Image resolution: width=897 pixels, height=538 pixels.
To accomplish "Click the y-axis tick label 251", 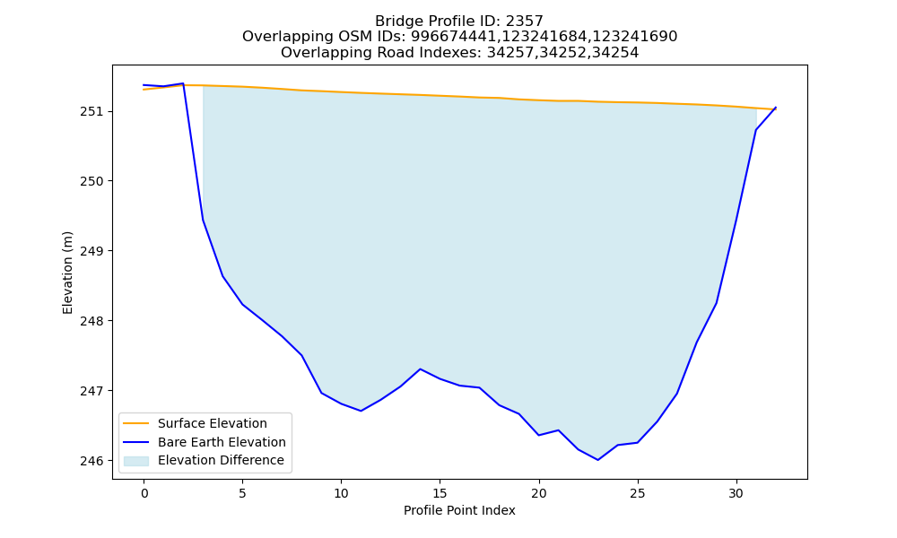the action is pyautogui.click(x=91, y=111).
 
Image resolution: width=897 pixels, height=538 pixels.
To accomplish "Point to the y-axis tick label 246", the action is pyautogui.click(x=91, y=461).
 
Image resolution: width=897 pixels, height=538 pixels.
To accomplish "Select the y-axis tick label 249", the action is pyautogui.click(x=91, y=251).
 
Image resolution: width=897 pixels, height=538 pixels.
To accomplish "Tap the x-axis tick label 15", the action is pyautogui.click(x=440, y=493).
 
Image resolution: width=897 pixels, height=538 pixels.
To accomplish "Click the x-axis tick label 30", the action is pyautogui.click(x=736, y=493).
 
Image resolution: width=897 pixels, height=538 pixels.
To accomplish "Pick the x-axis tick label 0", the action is pyautogui.click(x=144, y=493).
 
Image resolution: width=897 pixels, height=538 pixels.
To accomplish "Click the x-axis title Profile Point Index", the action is pyautogui.click(x=459, y=510).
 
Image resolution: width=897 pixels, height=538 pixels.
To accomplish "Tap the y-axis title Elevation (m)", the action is pyautogui.click(x=68, y=273).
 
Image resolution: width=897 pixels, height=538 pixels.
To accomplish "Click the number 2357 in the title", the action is pyautogui.click(x=524, y=22).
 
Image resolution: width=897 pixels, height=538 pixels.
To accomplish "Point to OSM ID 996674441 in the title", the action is pyautogui.click(x=454, y=37).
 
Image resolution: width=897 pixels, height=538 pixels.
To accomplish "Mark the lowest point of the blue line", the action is pyautogui.click(x=597, y=460).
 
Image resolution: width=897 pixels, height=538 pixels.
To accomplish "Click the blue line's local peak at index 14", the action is pyautogui.click(x=420, y=369).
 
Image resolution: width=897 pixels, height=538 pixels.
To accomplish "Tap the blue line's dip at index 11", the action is pyautogui.click(x=361, y=411).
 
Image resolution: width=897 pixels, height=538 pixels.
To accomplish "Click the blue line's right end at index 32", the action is pyautogui.click(x=776, y=107).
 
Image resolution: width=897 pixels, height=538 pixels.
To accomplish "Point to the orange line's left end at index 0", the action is pyautogui.click(x=144, y=90).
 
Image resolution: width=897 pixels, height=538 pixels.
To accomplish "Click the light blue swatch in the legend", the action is pyautogui.click(x=136, y=461).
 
